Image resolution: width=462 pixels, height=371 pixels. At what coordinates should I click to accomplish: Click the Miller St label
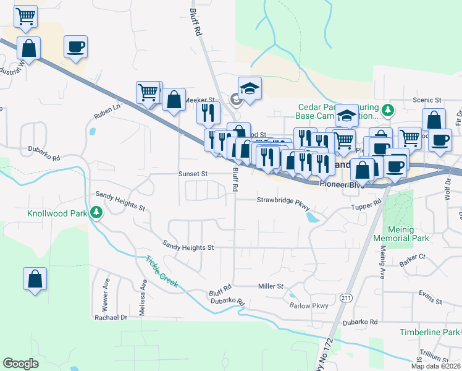pyautogui.click(x=271, y=286)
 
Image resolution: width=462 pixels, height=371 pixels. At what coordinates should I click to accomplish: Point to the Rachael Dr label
pyautogui.click(x=111, y=317)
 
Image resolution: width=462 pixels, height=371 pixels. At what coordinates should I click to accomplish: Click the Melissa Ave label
pyautogui.click(x=143, y=297)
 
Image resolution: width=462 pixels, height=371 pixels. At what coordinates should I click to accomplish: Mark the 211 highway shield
pyautogui.click(x=345, y=298)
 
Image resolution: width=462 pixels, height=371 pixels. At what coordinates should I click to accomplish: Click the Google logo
pyautogui.click(x=20, y=364)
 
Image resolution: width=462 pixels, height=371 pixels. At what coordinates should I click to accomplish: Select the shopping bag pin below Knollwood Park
pyautogui.click(x=35, y=279)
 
